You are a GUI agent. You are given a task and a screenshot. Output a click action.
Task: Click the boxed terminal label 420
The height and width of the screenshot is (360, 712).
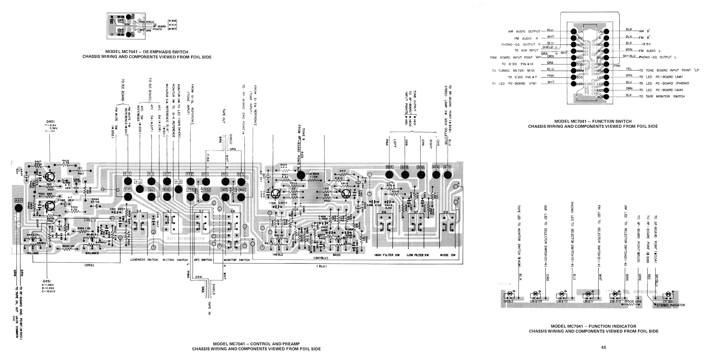point(18,200)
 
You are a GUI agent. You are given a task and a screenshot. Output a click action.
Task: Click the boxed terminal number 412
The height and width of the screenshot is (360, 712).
point(138,182)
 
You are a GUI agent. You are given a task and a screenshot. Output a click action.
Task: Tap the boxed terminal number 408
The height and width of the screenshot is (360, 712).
point(178,182)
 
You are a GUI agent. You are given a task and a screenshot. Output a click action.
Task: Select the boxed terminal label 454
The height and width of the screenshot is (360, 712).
point(389,167)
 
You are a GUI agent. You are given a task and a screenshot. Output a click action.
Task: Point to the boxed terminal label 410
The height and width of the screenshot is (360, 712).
point(447,167)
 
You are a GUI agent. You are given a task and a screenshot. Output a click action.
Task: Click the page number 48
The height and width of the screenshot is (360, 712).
point(603,347)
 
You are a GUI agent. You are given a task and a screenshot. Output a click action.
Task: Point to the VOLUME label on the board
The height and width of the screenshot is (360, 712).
point(33,253)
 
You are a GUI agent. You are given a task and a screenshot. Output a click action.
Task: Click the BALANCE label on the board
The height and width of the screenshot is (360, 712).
point(92,253)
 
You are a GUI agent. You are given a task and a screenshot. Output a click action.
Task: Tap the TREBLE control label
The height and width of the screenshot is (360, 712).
point(277,255)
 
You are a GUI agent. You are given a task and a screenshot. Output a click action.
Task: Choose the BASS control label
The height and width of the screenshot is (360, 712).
point(337,255)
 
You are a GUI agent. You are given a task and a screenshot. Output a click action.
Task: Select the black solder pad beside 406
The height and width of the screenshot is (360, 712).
point(606,97)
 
